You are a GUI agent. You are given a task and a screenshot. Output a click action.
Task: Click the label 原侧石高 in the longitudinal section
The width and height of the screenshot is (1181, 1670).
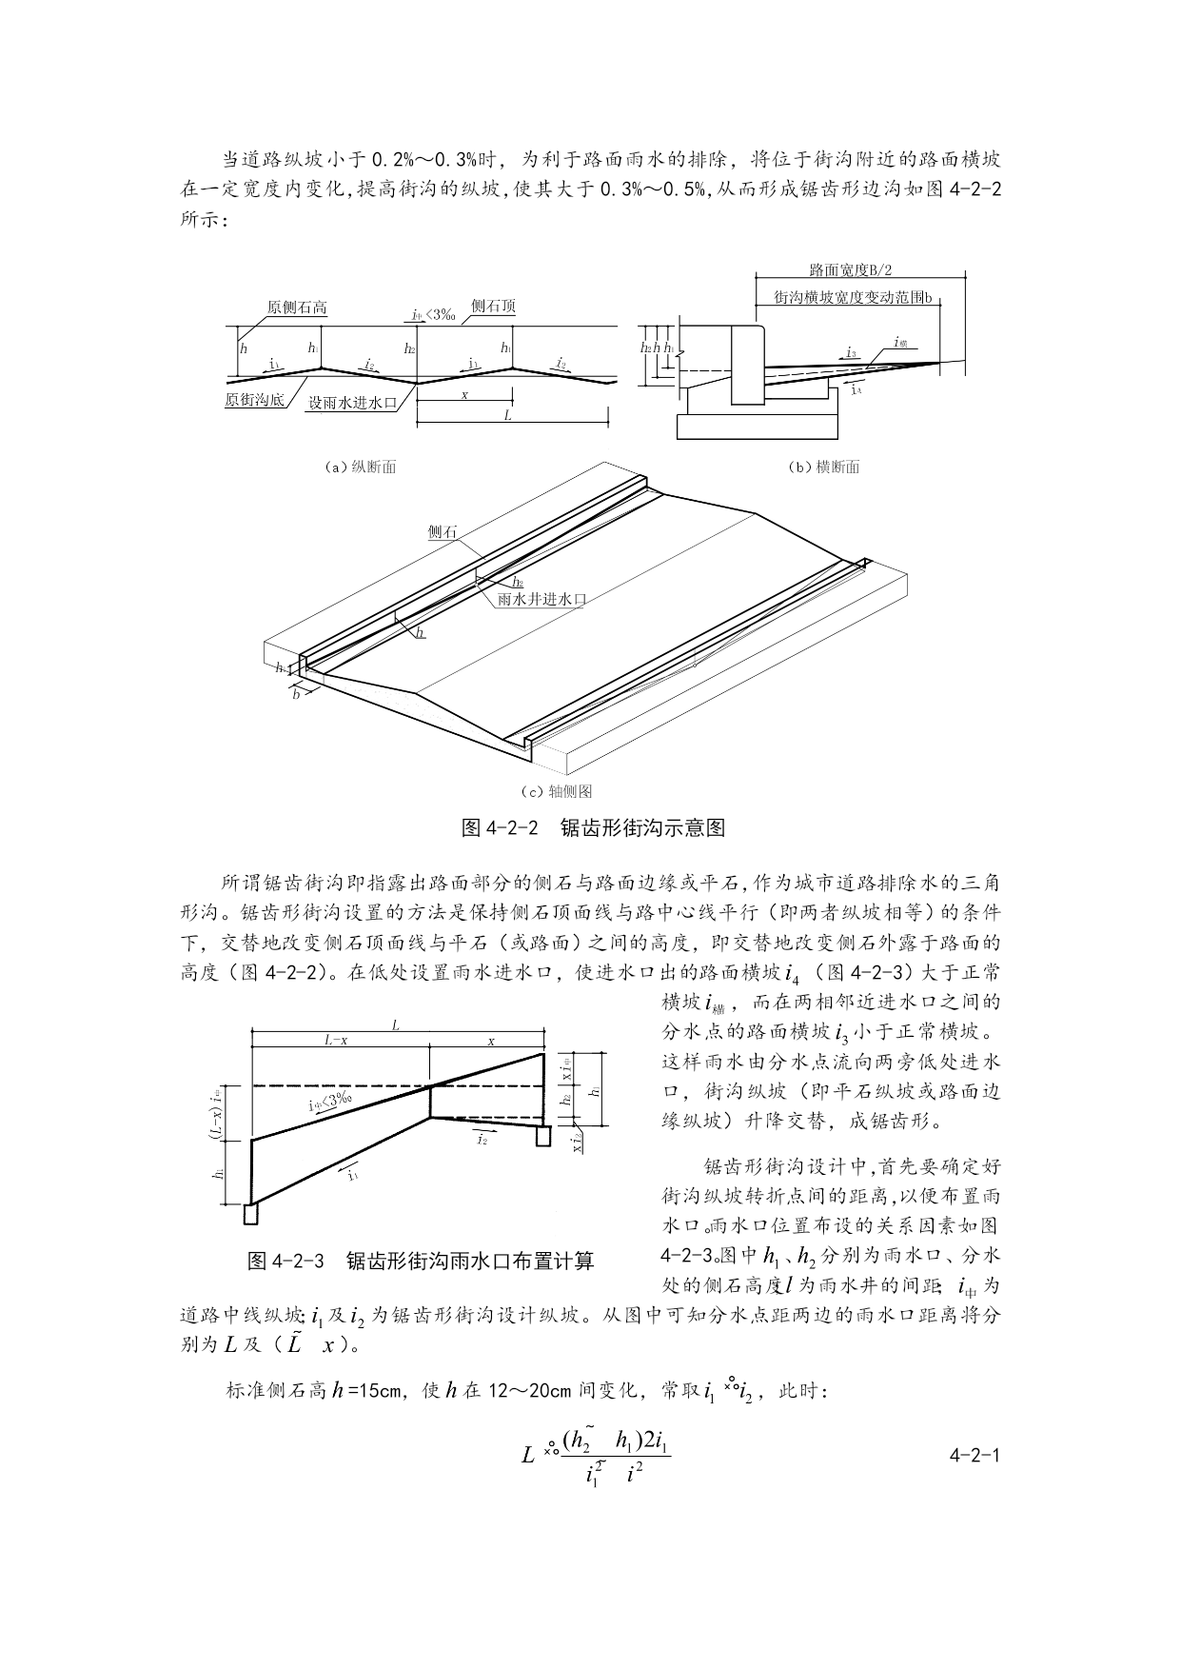click(297, 308)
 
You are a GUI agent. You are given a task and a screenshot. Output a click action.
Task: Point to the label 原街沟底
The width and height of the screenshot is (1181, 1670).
click(254, 401)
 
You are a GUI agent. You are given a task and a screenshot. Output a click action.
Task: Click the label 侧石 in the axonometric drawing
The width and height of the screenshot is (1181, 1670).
click(442, 533)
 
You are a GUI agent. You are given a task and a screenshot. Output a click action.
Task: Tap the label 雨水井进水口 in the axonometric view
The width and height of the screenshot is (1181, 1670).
click(541, 600)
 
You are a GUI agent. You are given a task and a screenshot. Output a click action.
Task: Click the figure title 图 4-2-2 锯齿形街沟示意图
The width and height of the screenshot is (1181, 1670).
click(594, 828)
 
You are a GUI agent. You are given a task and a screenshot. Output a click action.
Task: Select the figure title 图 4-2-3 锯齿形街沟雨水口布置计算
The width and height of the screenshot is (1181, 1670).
click(421, 1262)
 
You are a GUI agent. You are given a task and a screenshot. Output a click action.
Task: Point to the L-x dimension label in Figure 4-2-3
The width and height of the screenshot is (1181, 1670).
click(336, 1041)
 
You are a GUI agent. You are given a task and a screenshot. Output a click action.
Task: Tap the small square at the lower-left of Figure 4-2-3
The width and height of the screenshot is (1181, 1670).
click(250, 1215)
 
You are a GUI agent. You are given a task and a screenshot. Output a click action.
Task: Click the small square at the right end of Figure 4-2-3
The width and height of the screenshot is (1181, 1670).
click(543, 1137)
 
